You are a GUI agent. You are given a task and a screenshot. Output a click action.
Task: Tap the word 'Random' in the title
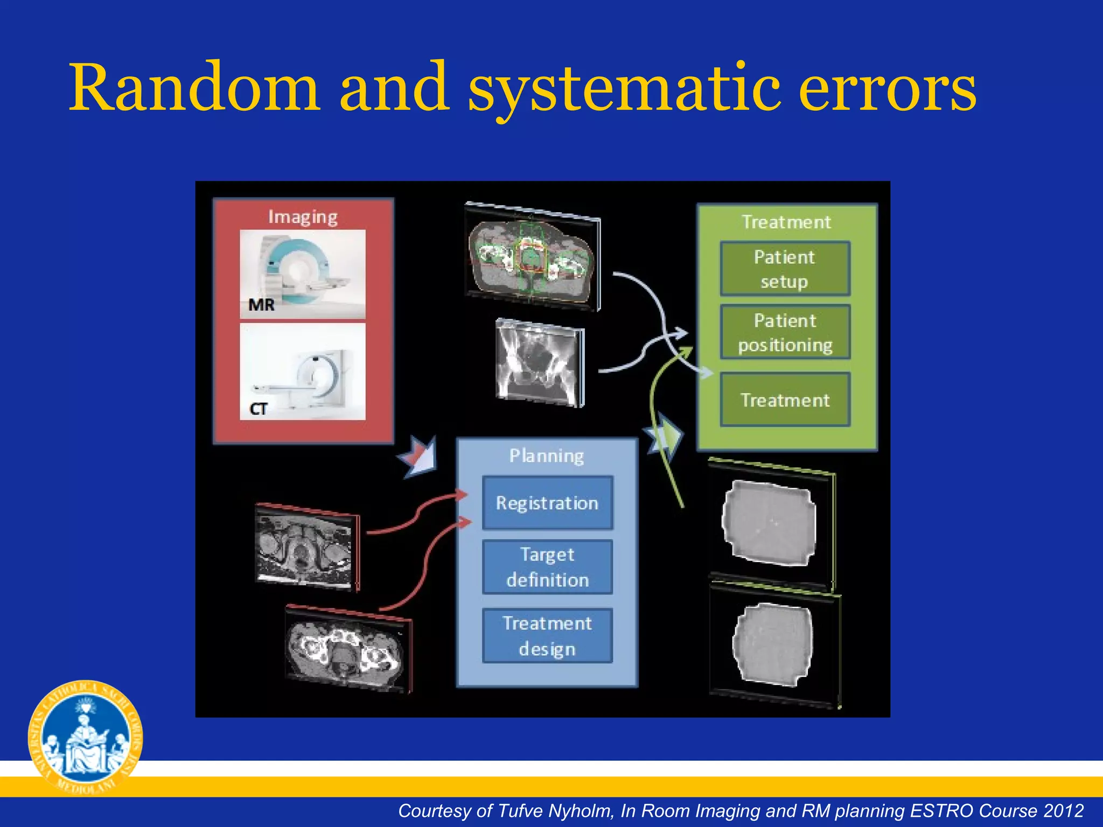click(x=194, y=89)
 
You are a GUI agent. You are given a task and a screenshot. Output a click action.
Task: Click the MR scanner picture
click(x=302, y=274)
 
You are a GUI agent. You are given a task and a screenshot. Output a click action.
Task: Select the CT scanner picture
click(x=302, y=372)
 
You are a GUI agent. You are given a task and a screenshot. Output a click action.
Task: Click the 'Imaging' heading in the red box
click(x=303, y=217)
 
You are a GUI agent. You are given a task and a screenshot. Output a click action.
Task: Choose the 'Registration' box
click(x=547, y=503)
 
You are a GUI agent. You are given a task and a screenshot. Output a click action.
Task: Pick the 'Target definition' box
click(x=547, y=567)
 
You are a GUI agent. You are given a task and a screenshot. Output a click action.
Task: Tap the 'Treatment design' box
click(x=547, y=636)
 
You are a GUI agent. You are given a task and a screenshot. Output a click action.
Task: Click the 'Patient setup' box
click(x=785, y=269)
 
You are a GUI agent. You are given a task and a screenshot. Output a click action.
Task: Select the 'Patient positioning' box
click(x=785, y=332)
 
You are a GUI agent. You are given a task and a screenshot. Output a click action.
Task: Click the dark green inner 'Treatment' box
click(x=785, y=400)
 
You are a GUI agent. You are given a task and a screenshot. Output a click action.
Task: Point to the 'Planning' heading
click(x=547, y=456)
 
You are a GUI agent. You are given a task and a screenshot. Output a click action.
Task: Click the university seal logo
click(x=85, y=738)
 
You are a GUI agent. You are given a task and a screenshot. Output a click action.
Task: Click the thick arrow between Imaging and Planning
click(x=419, y=455)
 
